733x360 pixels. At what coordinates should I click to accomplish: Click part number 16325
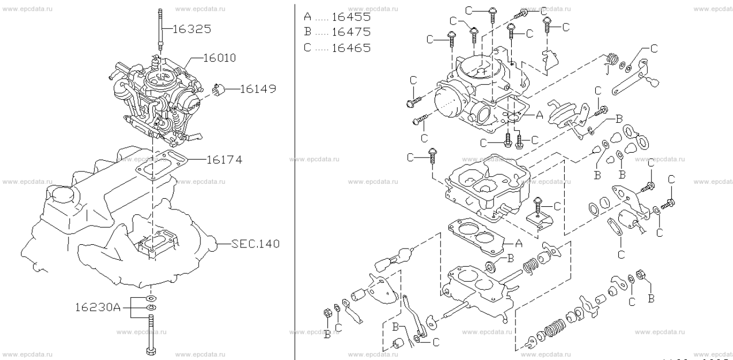pos(191,29)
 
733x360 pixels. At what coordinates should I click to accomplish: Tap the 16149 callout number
pos(258,89)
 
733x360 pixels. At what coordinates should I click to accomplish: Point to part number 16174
pos(225,159)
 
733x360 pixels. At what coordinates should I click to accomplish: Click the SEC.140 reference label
pos(256,244)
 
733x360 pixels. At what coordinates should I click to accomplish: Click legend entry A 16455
pos(336,17)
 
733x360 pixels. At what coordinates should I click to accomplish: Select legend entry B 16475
pos(336,32)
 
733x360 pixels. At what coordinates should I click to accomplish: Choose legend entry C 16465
pos(336,47)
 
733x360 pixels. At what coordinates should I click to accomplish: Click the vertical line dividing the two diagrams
pos(295,180)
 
